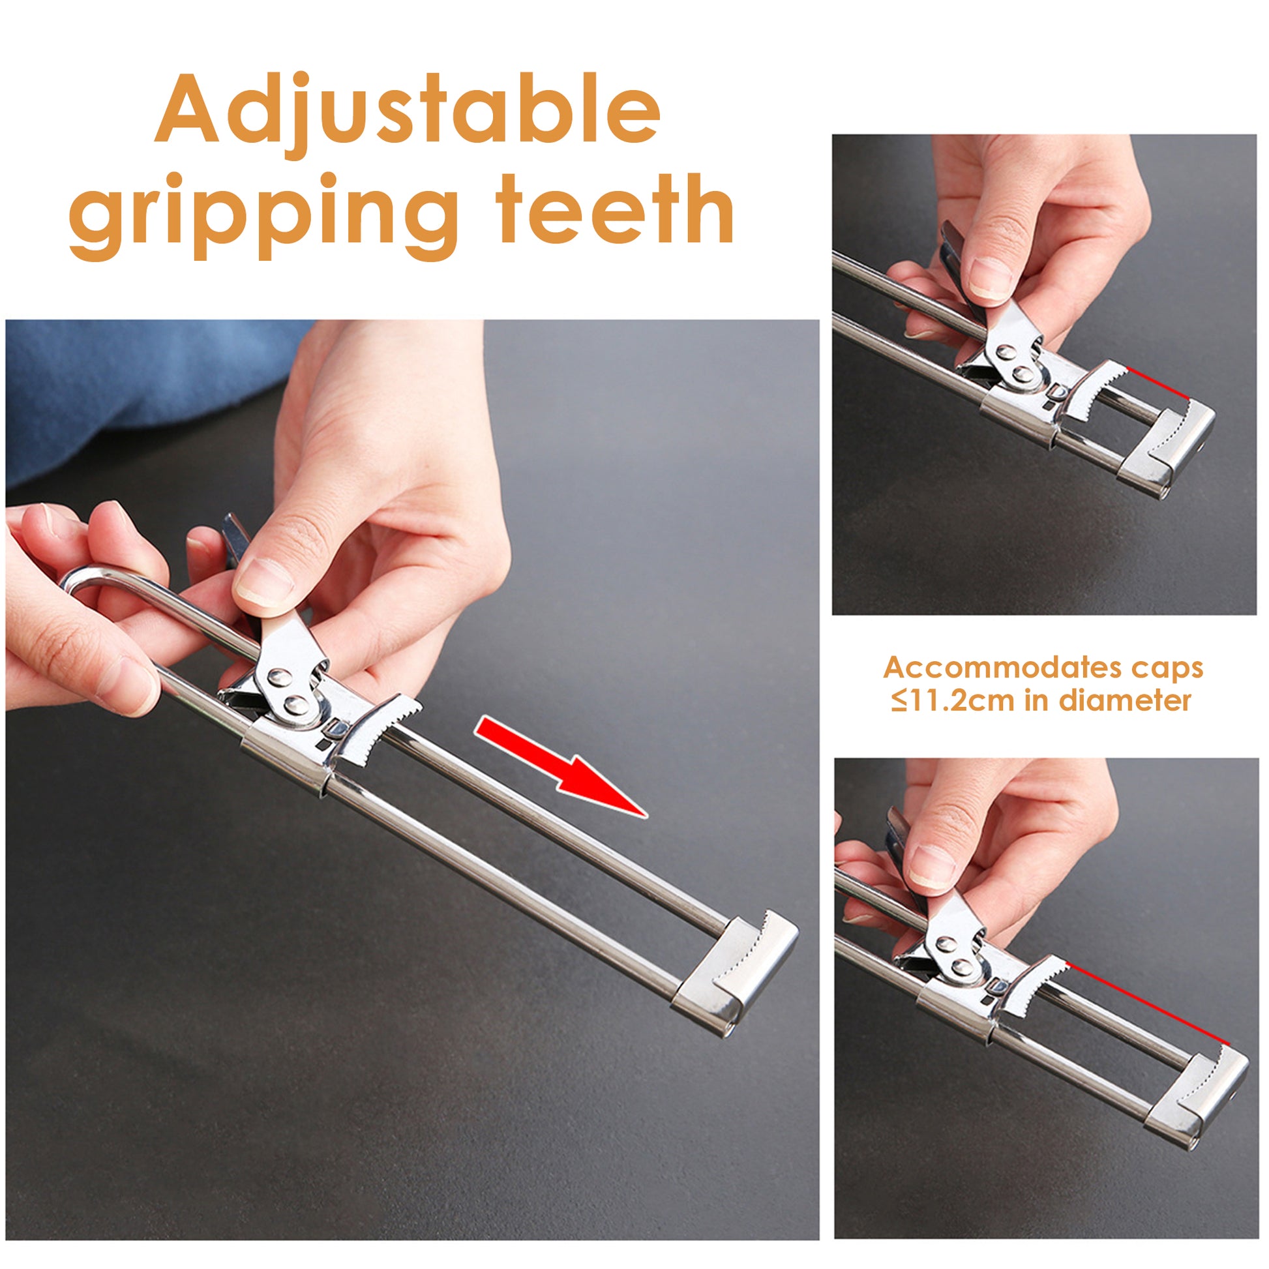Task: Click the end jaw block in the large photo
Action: coord(734,972)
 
